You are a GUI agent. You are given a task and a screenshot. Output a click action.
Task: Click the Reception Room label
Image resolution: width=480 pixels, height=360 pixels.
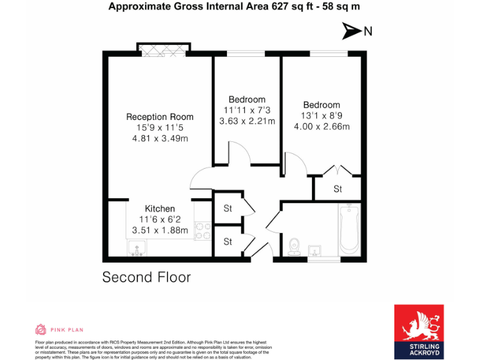(159, 117)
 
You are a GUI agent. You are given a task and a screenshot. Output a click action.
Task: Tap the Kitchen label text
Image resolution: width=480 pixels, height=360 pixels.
(159, 209)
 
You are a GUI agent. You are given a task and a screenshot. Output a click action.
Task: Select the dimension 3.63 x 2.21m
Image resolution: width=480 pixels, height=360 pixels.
(247, 122)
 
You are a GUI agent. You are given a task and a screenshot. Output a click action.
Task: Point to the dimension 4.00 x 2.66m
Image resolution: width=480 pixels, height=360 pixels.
(322, 127)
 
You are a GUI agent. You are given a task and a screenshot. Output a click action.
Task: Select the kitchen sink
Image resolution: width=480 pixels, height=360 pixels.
(137, 249)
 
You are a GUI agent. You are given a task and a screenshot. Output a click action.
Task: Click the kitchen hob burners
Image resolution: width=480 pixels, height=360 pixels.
(202, 232)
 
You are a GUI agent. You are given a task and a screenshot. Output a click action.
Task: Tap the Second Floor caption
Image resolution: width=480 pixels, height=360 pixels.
(146, 277)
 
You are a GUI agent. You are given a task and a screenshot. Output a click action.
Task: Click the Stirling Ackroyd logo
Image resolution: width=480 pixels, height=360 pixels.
(419, 332)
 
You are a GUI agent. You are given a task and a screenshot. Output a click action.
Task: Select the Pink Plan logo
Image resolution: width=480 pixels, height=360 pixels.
(59, 329)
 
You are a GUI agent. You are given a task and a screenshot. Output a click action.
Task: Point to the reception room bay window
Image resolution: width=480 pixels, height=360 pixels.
(163, 51)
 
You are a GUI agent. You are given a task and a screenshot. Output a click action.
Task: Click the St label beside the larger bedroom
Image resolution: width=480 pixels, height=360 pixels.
(337, 189)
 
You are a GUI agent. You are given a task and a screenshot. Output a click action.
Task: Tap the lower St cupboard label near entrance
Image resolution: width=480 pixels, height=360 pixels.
(227, 241)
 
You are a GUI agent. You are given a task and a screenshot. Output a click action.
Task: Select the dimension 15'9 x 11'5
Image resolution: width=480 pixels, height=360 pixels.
(159, 127)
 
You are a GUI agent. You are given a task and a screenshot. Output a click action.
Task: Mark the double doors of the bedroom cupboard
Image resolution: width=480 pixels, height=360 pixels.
(337, 170)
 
